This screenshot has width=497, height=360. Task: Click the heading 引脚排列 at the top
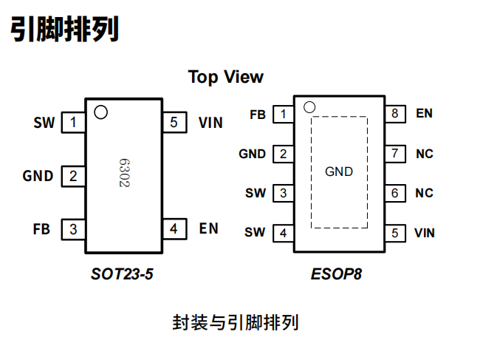64,30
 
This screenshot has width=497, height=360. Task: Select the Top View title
225,77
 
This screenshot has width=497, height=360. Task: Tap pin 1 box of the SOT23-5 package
72,123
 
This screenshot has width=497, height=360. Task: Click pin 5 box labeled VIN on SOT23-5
174,123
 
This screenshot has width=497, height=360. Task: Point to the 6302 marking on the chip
124,173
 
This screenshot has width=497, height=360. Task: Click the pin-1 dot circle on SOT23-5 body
100,112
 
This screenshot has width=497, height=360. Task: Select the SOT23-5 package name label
123,274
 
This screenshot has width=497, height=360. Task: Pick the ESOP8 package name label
337,274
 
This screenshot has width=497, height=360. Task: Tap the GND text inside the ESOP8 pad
339,171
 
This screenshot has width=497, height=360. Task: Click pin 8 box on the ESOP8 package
395,114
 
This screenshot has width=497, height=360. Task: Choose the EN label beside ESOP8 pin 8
424,114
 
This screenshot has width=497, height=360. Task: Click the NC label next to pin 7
424,154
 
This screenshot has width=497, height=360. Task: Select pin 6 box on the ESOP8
395,193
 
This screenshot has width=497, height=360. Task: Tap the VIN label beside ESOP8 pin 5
425,233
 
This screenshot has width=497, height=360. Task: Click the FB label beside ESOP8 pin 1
257,115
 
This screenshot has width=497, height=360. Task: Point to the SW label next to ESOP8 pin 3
256,194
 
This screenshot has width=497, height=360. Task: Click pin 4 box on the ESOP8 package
283,233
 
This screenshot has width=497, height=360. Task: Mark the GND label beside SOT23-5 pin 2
38,176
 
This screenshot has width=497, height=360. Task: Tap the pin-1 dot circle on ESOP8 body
309,106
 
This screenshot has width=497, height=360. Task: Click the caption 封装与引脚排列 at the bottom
236,323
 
